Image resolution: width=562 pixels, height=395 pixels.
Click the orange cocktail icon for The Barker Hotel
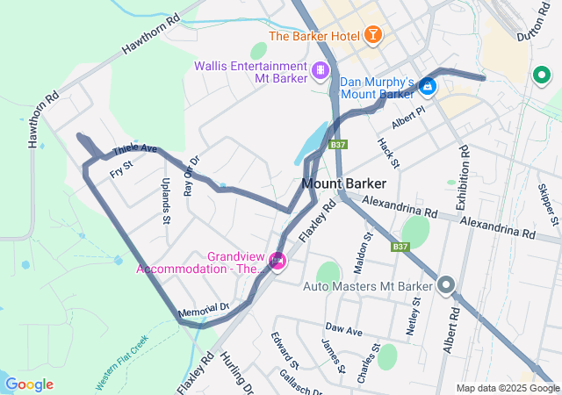pos(374,36)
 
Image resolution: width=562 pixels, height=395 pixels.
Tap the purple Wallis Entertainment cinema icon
pos(322,69)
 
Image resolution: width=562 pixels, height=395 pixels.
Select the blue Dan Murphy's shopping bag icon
pos(427,86)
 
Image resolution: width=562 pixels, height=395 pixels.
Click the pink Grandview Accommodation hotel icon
pos(277,260)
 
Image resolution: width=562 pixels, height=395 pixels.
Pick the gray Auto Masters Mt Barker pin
pos(446,284)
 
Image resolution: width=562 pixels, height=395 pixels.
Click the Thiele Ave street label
pos(134,150)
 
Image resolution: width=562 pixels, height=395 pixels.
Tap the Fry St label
pos(121,169)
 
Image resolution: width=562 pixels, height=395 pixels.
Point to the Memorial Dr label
pos(203,309)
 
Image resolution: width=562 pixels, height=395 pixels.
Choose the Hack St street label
pos(388,153)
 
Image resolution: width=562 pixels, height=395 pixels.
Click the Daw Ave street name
pos(343,331)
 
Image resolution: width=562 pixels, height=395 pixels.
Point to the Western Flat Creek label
pos(122,353)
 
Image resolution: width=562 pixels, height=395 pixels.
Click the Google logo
pos(29,384)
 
